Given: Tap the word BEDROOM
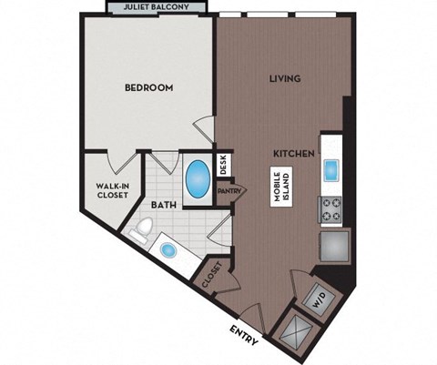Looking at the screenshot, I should click(149, 87).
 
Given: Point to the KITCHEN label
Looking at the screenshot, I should click(296, 155).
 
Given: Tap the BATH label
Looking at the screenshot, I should click(163, 206).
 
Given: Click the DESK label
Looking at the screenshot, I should click(223, 165).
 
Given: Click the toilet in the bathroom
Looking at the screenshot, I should click(140, 230).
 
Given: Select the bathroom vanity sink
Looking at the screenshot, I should click(168, 248).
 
